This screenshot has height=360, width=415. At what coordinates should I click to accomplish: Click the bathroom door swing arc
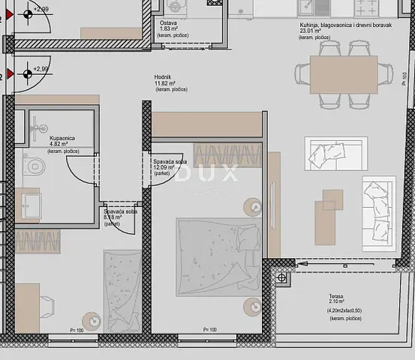click(80, 169)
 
